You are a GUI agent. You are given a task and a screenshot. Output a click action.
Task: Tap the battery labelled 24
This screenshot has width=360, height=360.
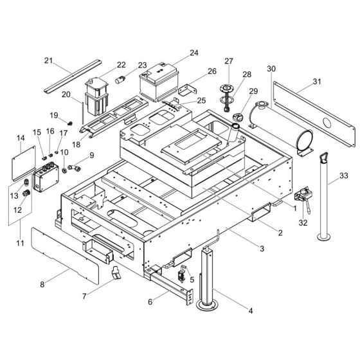[160, 84]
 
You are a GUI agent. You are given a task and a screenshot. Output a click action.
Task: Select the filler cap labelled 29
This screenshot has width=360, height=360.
[237, 117]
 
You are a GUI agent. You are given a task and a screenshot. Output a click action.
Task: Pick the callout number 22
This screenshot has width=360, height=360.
[122, 64]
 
